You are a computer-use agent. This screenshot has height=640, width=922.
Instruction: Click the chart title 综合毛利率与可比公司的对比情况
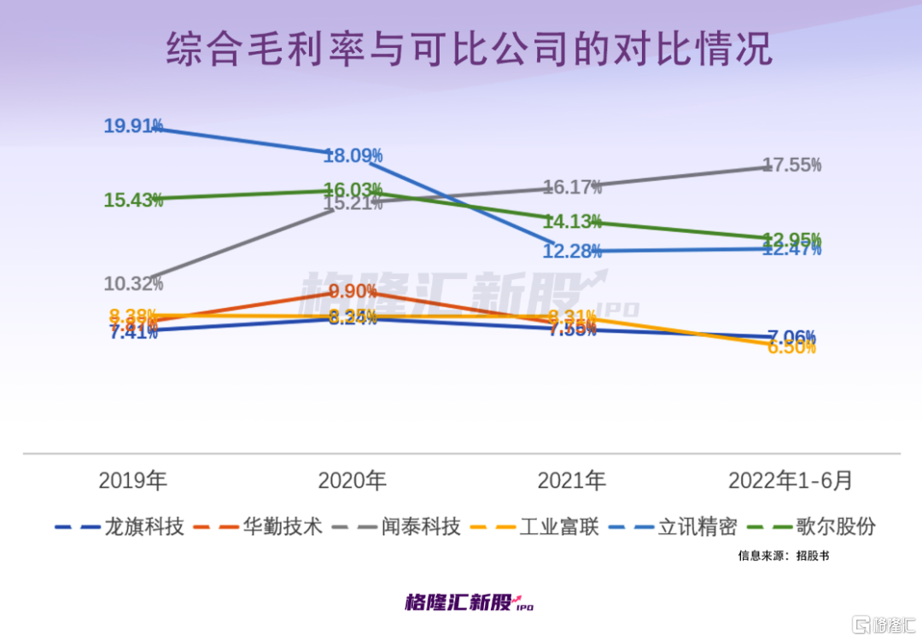[469, 50]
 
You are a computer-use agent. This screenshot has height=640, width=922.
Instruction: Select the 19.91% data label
[133, 126]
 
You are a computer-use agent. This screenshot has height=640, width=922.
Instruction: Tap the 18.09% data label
[353, 156]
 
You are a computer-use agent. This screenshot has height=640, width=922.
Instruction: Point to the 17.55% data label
[791, 165]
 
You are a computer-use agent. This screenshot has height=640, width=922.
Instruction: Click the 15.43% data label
[133, 201]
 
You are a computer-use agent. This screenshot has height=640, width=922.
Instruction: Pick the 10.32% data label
[133, 283]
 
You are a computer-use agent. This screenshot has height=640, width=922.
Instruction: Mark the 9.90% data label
[353, 291]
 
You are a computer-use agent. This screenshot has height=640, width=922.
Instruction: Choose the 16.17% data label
[572, 186]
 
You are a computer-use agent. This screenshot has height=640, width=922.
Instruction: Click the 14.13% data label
[572, 222]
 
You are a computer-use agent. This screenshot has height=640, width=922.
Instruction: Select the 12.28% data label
[572, 252]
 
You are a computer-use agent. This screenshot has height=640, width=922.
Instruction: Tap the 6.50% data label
[791, 347]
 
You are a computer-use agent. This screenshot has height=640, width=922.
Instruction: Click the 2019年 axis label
[133, 480]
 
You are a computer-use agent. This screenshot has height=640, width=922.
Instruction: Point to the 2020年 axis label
[353, 480]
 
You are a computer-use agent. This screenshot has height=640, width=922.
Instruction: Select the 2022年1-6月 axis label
[791, 480]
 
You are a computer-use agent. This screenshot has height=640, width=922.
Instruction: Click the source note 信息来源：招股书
[784, 556]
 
